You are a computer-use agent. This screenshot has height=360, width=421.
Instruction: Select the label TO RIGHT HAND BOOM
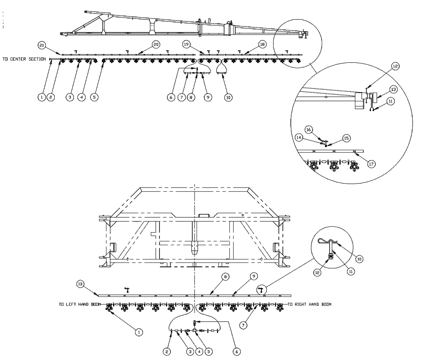tap(309, 304)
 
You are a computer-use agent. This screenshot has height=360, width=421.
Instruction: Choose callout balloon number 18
tap(262, 44)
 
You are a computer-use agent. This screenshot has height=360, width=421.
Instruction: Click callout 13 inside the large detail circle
tap(393, 89)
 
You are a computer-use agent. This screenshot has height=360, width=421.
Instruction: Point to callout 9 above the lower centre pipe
tap(253, 276)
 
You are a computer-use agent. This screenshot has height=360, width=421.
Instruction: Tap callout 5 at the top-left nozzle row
tap(94, 97)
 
